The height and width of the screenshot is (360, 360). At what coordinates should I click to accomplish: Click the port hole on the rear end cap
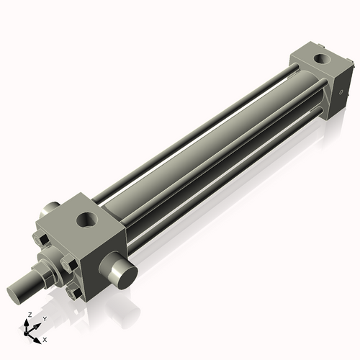(318, 57)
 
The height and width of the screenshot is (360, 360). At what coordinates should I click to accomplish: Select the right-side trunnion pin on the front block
(120, 272)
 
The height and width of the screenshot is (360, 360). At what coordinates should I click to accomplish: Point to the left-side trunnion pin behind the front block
(51, 209)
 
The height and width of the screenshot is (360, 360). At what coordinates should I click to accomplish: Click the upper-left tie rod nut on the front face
(42, 240)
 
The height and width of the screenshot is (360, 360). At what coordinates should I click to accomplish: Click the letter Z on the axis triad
(29, 315)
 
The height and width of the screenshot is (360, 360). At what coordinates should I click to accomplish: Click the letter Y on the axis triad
(44, 318)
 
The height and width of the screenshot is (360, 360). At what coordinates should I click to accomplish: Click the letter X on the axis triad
(45, 338)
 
